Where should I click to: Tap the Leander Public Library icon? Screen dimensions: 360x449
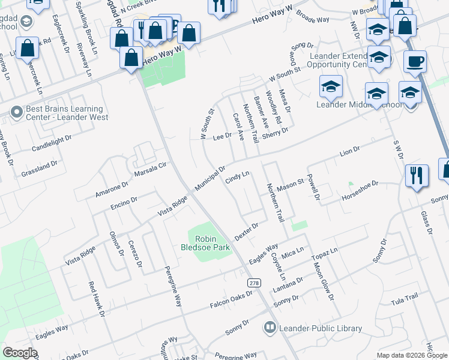pos(270,328)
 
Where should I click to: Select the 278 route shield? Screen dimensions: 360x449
pos(254,283)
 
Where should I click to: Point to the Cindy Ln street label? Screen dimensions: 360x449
pos(237,178)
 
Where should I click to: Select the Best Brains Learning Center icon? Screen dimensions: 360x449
pos(16,111)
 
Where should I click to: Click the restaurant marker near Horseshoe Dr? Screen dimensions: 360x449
pos(417,176)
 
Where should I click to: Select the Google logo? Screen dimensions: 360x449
pos(20,352)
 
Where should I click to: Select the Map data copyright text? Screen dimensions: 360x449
pos(411,355)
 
